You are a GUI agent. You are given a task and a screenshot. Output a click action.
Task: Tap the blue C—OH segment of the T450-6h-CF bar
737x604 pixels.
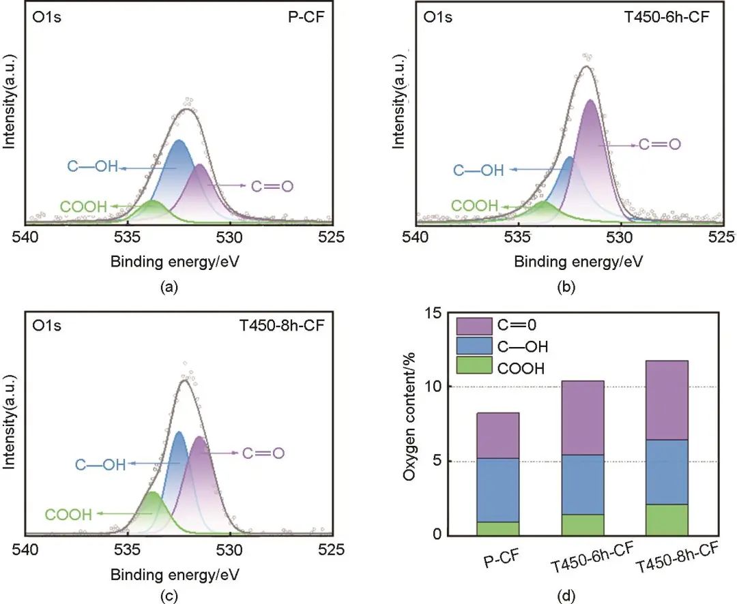tap(578, 484)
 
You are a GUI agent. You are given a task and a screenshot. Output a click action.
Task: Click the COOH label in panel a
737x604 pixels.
tap(84, 207)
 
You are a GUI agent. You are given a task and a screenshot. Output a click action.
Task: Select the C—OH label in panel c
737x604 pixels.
tap(100, 465)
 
